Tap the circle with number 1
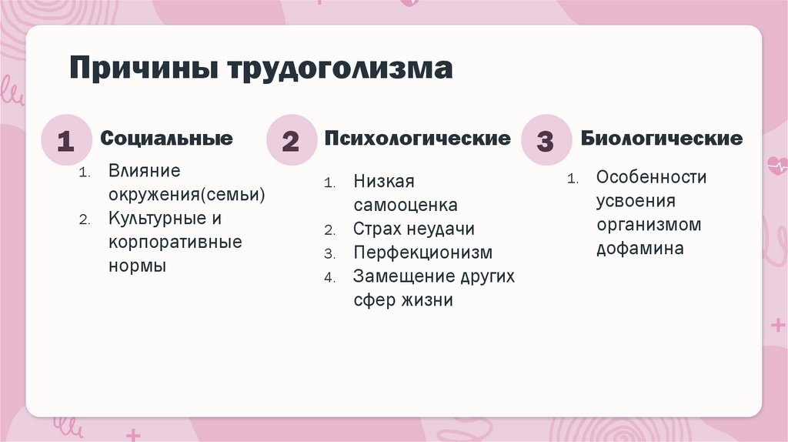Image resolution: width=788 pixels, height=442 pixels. [x=65, y=141]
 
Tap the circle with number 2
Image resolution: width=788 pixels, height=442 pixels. [x=290, y=141]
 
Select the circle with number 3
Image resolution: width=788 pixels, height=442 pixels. [x=545, y=141]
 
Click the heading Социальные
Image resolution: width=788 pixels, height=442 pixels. [x=166, y=139]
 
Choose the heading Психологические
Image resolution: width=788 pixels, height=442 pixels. [x=417, y=139]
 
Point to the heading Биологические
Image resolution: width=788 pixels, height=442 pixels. [x=662, y=139]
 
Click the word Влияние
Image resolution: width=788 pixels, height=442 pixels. [x=144, y=170]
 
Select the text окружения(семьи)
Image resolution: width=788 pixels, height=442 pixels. [x=187, y=194]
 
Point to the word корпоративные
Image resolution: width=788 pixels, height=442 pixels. [x=175, y=242]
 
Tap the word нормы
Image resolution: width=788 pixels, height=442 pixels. [x=137, y=266]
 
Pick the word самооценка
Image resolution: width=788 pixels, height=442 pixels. [x=406, y=206]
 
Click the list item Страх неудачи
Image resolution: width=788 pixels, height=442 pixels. [x=414, y=229]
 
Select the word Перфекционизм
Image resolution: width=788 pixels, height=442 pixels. [x=422, y=253]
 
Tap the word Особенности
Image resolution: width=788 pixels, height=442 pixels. [x=651, y=177]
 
